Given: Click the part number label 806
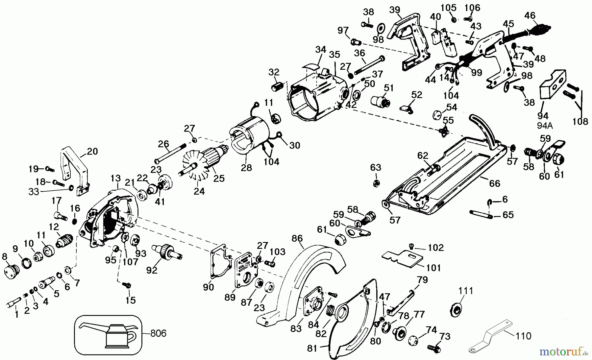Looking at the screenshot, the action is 158,333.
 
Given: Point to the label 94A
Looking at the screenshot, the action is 543,125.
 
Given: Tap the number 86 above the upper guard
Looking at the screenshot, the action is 297,238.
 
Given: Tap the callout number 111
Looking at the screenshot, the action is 466,291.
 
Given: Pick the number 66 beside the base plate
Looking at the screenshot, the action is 494,183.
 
